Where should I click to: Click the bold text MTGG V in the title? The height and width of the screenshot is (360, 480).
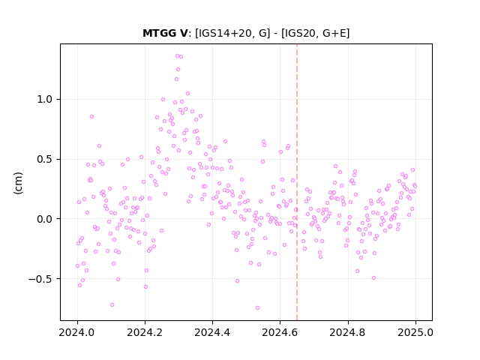pos(165,33)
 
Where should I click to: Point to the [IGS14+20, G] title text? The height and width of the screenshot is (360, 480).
pos(232,33)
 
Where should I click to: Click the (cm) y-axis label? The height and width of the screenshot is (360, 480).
pos(18,183)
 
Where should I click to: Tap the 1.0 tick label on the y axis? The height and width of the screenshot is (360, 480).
pos(45,100)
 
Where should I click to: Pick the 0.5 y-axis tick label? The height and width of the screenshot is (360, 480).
pos(45,159)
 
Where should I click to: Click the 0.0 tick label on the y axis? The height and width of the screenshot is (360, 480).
pos(45,219)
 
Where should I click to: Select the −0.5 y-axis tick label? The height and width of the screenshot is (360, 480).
pos(40,279)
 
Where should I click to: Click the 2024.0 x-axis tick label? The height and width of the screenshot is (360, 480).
pos(77,332)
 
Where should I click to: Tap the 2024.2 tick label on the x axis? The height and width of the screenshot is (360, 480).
pos(145,332)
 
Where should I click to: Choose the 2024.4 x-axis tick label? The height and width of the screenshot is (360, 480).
pos(212,332)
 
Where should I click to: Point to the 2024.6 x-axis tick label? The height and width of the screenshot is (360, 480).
pos(280,332)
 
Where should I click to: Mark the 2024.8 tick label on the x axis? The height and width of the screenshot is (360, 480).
pos(348,332)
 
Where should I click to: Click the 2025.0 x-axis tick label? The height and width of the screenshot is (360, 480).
pos(415,332)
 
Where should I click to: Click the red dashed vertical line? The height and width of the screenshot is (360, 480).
pos(297,182)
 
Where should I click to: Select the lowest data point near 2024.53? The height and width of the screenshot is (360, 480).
pos(257,308)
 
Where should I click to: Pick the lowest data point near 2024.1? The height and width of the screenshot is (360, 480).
pos(112,305)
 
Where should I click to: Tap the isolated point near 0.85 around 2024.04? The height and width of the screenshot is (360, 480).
pos(91,117)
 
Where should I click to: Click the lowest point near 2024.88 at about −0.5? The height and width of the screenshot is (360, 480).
pos(373,278)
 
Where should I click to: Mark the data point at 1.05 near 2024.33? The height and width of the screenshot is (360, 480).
pos(188,93)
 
